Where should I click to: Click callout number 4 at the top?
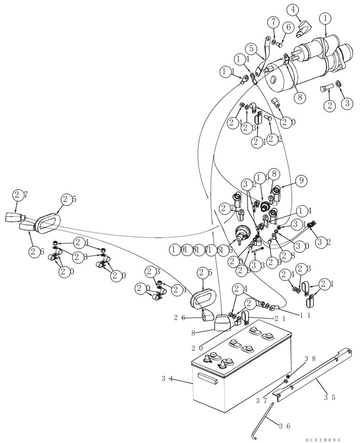tap(305, 8)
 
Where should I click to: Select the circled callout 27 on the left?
tap(18, 194)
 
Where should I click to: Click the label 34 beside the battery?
tap(167, 378)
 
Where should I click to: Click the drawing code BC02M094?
tap(322, 439)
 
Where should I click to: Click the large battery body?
tap(239, 381)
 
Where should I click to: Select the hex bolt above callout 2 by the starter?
tap(325, 89)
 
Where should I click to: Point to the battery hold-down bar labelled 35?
tap(310, 377)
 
